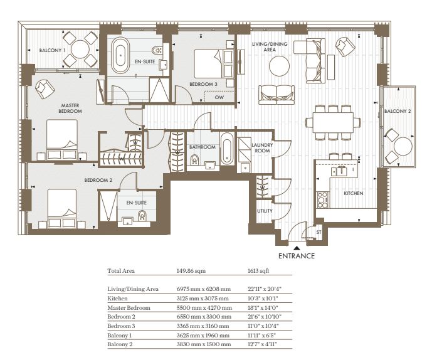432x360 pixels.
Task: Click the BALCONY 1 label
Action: [52, 50]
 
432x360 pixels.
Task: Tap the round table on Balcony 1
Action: [80, 50]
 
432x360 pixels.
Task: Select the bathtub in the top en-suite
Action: [120, 55]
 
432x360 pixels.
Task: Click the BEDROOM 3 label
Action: [203, 84]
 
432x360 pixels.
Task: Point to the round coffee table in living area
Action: [279, 66]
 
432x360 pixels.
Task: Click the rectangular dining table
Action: [333, 122]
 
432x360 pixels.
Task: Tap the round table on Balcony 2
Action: [403, 146]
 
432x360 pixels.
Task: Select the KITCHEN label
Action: [354, 193]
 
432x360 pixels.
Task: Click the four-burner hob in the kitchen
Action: [323, 200]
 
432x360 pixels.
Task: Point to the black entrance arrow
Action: [297, 248]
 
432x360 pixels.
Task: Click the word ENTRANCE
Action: [297, 256]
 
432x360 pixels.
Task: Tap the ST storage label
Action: [319, 232]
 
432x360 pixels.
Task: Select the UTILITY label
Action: [265, 211]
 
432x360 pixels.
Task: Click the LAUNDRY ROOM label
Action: [262, 148]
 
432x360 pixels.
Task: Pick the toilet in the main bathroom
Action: [194, 160]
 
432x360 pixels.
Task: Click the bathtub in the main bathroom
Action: [227, 149]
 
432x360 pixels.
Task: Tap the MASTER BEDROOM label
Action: [70, 109]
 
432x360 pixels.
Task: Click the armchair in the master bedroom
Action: [45, 89]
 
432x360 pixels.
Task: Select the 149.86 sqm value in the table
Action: [191, 271]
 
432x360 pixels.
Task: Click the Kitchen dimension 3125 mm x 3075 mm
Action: [203, 299]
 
